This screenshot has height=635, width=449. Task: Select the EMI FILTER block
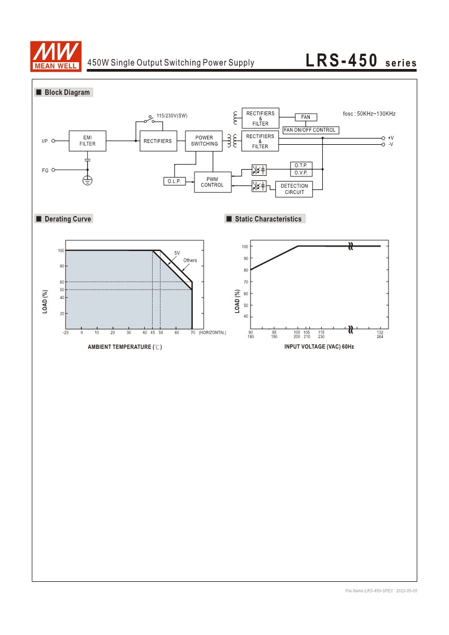[x=88, y=141]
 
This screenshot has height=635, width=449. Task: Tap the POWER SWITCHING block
[x=204, y=141]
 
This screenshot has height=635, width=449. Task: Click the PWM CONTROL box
[x=212, y=182]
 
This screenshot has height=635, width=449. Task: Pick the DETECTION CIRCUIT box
[x=295, y=189]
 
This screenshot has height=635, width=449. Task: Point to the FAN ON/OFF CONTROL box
[x=310, y=130]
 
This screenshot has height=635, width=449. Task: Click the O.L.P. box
[x=174, y=182]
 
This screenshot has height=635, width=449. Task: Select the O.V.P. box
[x=300, y=172]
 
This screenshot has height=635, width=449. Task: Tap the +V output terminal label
[x=391, y=138]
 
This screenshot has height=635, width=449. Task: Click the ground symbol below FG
[x=88, y=180]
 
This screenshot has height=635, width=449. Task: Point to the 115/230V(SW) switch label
[x=172, y=116]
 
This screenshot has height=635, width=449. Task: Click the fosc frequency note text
[x=369, y=114]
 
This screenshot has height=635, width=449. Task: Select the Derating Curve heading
[x=67, y=219]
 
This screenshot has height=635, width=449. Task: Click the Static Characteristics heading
[x=268, y=219]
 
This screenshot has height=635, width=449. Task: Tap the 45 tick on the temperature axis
[x=153, y=332]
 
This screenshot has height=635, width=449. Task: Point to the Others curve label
[x=190, y=261]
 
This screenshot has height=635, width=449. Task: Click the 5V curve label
[x=177, y=253]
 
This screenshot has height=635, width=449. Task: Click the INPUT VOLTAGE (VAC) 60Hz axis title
[x=319, y=346]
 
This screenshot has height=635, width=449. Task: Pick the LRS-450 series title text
[x=361, y=61]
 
